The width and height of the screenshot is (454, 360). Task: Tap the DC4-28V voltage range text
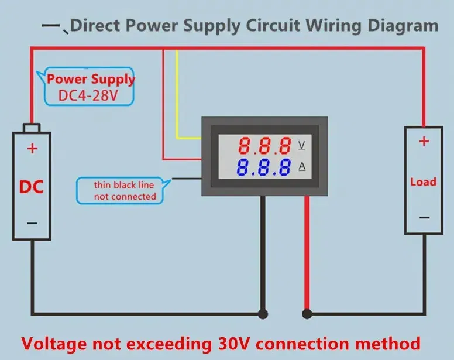(88, 95)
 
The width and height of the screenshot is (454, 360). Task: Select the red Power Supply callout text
(91, 79)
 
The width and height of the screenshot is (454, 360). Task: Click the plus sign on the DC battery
(32, 149)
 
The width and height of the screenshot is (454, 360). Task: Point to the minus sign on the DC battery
(32, 223)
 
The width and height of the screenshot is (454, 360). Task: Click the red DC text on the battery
(32, 187)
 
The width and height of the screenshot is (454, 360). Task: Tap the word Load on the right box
(423, 182)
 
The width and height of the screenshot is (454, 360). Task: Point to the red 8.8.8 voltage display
(264, 145)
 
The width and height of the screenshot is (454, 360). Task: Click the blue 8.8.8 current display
(264, 168)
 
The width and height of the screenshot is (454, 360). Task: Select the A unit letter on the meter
(302, 167)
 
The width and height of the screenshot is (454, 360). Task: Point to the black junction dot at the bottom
(264, 314)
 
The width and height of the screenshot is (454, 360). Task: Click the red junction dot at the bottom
(306, 314)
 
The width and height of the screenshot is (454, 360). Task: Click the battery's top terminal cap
(32, 128)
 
